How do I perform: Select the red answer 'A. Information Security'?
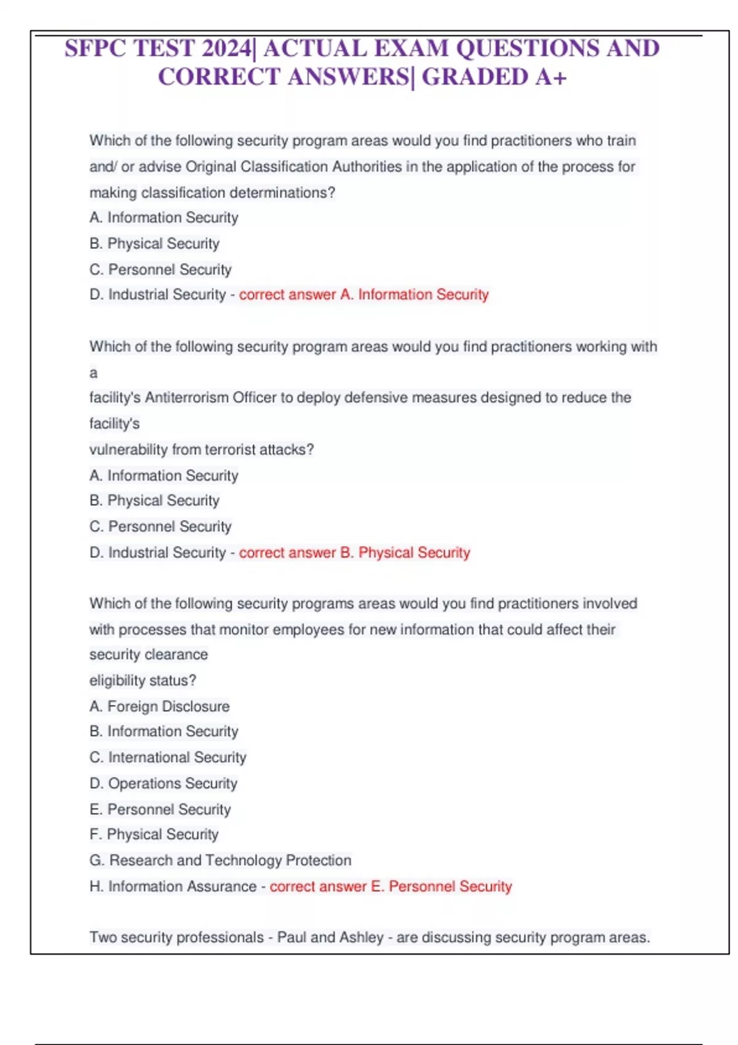414,295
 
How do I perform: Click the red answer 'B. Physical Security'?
405,553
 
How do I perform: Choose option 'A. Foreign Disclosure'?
159,706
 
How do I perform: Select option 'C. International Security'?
167,757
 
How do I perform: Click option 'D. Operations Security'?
163,784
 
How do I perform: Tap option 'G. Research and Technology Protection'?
220,861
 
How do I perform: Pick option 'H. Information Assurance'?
173,886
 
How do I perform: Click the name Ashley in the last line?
361,937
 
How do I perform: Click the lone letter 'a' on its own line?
93,373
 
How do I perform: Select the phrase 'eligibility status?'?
143,680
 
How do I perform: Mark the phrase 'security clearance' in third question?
148,655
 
